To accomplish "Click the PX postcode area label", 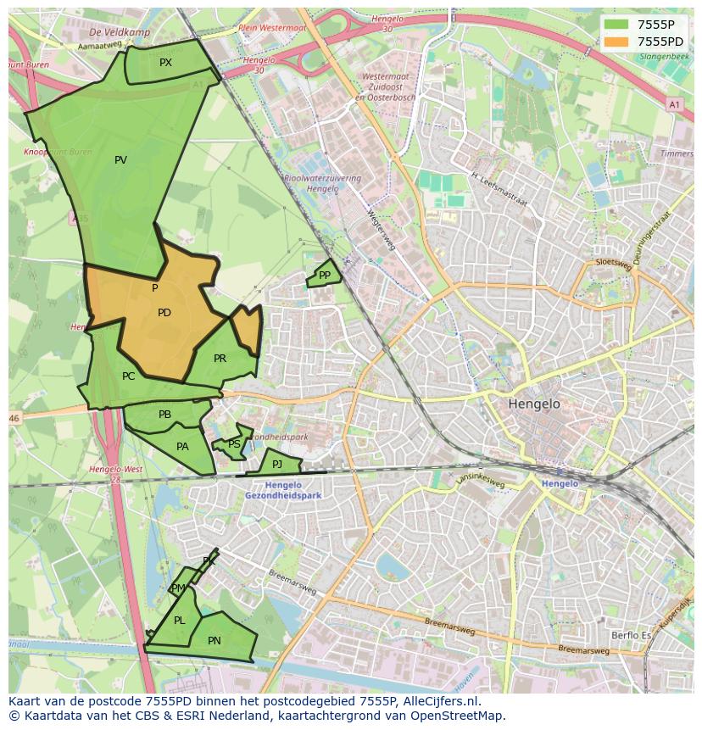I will (165, 63).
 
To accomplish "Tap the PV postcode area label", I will (120, 160).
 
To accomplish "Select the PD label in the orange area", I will (164, 313).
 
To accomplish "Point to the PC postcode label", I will (128, 376).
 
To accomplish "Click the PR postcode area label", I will (220, 359).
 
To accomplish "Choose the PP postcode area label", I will (325, 275).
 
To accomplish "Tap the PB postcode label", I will (164, 415).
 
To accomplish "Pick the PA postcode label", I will (182, 447).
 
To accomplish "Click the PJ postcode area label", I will (276, 464).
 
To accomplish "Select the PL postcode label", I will (179, 621).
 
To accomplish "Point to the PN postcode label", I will (214, 641).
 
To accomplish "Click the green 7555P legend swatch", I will (616, 24).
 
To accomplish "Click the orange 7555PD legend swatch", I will (616, 41).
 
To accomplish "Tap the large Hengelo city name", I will (534, 404).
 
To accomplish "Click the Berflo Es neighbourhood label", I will (631, 634).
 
